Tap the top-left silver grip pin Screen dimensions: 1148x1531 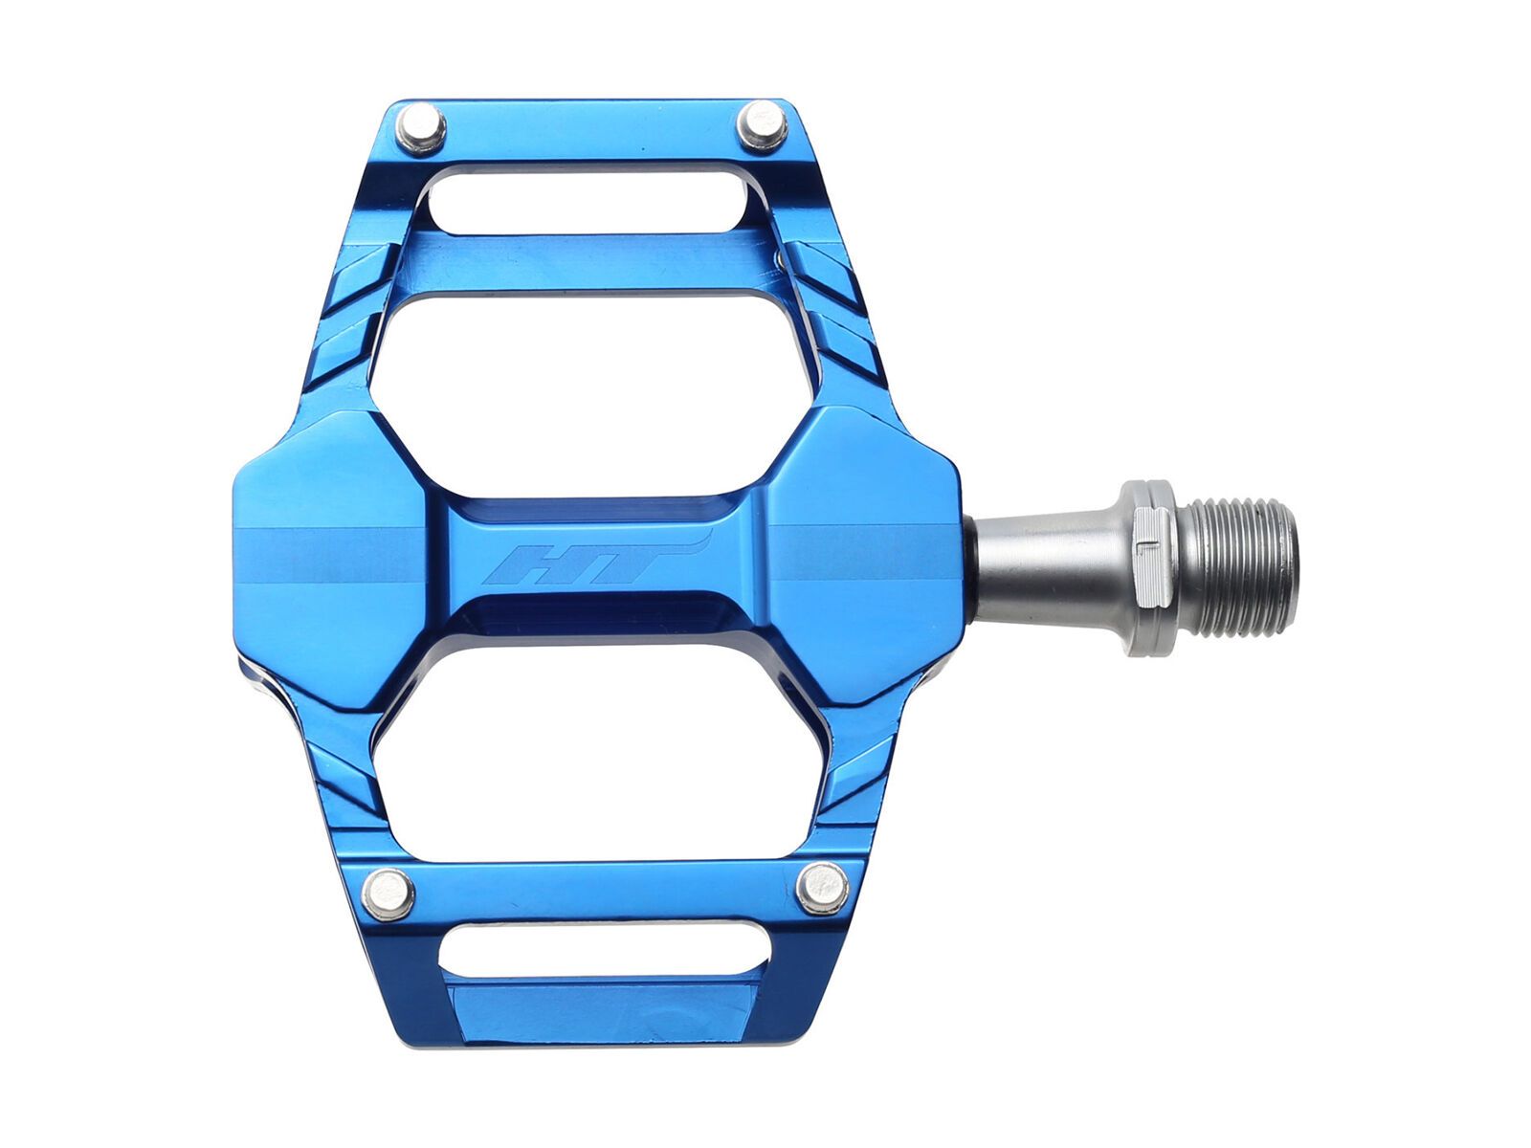pyautogui.click(x=421, y=129)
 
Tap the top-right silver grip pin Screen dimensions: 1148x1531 pyautogui.click(x=763, y=125)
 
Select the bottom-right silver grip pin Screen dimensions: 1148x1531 pyautogui.click(x=822, y=888)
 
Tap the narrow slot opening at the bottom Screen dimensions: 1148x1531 pyautogui.click(x=605, y=949)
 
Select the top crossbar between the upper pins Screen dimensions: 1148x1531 pyautogui.click(x=593, y=129)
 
